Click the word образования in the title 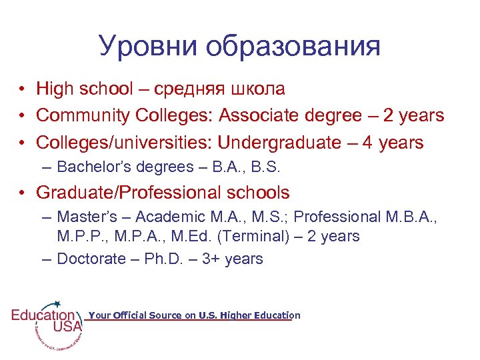click(293, 47)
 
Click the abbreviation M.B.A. click(409, 217)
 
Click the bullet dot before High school click(23, 89)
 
